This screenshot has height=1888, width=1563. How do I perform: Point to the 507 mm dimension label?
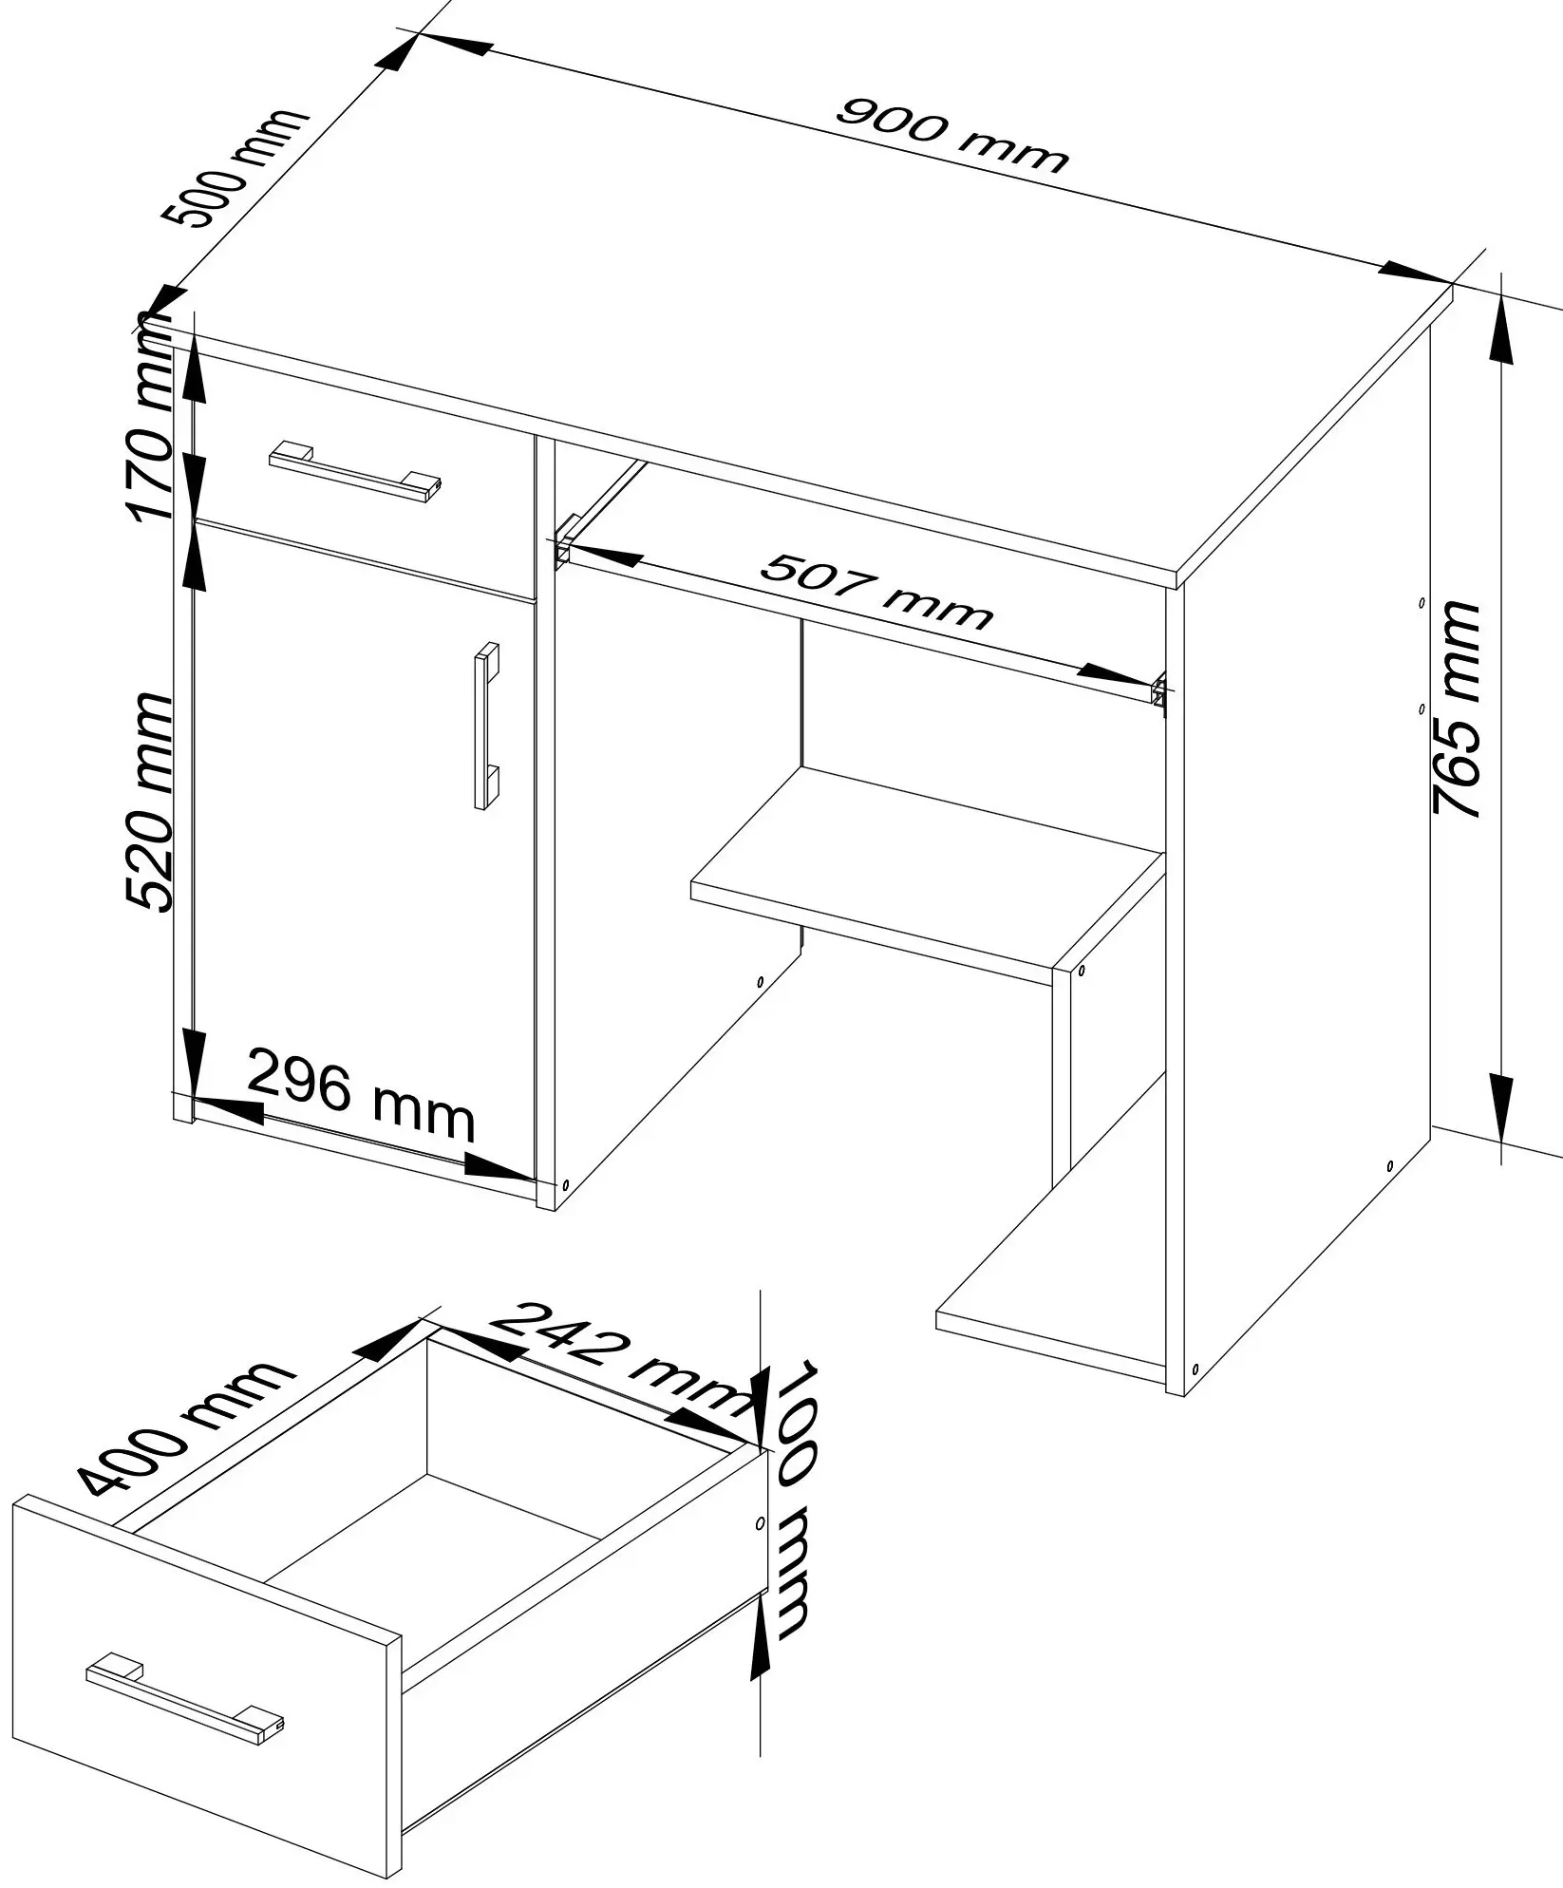(876, 593)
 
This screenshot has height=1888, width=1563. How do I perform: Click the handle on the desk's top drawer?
(355, 471)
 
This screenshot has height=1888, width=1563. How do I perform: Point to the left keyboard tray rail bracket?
(565, 540)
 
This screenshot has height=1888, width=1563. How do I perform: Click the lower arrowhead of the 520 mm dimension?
(193, 1063)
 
